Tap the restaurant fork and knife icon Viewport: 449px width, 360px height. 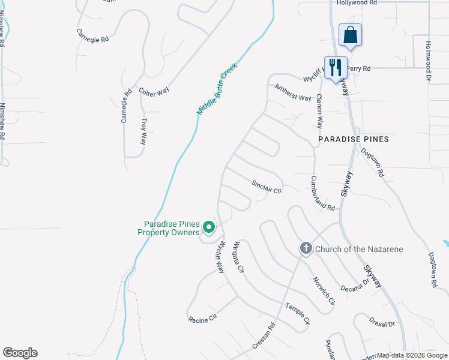[x=335, y=67]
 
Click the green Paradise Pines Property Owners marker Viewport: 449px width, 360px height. [x=209, y=227]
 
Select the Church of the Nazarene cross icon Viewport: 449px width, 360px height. [x=306, y=248]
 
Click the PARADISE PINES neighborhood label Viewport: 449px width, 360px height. [x=354, y=139]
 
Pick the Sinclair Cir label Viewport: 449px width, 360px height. [x=267, y=187]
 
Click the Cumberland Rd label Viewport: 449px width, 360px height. [x=323, y=193]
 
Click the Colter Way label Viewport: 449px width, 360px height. [x=154, y=91]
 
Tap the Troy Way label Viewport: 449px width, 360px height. [x=143, y=131]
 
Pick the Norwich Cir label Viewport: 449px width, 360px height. [x=323, y=292]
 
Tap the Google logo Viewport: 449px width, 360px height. [x=20, y=353]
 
